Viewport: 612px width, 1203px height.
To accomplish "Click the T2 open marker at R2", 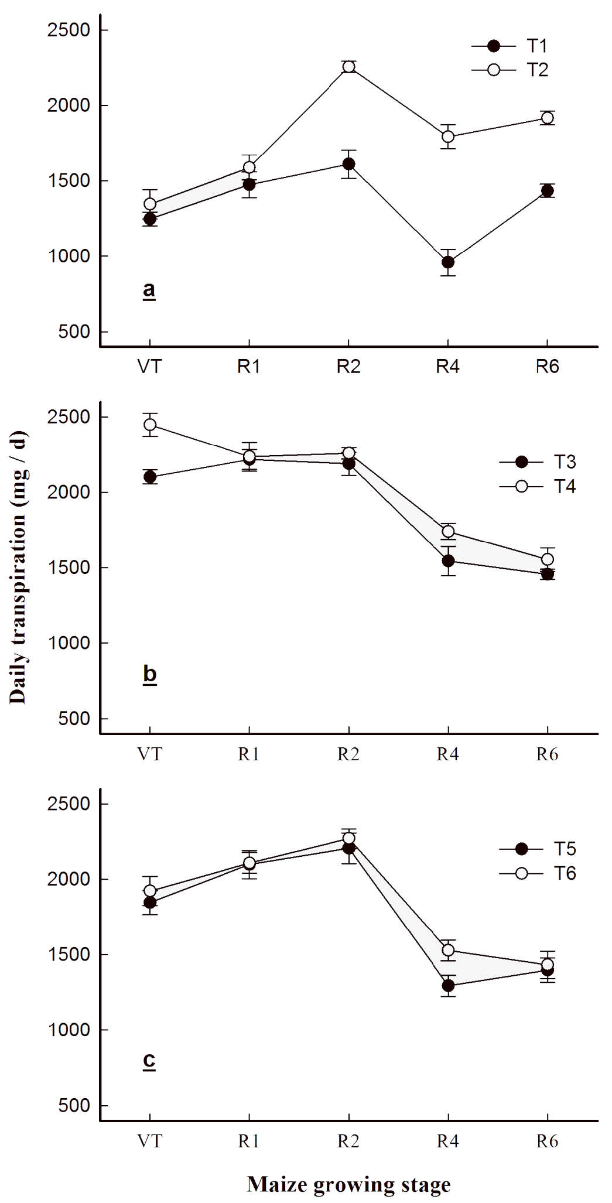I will [x=348, y=66].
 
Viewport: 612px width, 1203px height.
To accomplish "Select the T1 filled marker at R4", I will [x=448, y=262].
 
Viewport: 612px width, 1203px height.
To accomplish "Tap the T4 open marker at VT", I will [x=150, y=424].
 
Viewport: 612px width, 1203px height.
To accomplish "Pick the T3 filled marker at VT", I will [x=150, y=477].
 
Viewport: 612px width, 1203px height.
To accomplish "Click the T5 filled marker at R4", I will [x=448, y=985].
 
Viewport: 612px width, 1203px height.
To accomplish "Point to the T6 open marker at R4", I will [x=448, y=949].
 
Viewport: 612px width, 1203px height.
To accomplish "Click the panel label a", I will [x=149, y=289].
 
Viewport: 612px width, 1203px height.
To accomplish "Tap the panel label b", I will [x=149, y=674].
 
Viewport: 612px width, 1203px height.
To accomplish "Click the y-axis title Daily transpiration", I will [x=18, y=568].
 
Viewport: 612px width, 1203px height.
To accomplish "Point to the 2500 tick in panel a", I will [x=69, y=30].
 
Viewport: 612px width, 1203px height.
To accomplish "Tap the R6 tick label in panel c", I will [x=547, y=1141].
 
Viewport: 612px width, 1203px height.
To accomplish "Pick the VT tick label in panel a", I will [x=149, y=367].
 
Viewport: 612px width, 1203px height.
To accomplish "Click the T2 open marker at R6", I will [x=547, y=118].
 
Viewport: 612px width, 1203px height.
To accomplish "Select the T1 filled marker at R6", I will [x=547, y=190].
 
